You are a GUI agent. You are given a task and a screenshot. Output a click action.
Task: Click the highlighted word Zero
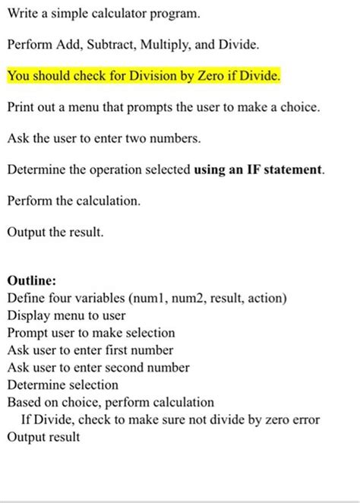tap(220, 77)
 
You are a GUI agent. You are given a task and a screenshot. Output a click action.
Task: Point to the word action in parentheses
tap(267, 297)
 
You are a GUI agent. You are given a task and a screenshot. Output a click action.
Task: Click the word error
tap(304, 420)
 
